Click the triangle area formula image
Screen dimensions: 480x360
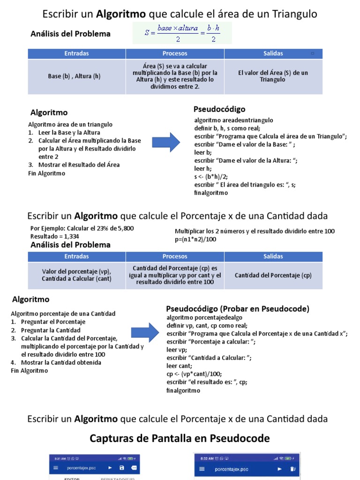coord(182,33)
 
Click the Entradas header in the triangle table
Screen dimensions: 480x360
coord(76,53)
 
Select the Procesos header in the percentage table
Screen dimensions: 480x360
coord(175,256)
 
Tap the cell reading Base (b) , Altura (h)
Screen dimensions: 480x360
coord(74,76)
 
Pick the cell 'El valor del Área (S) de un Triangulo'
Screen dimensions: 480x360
coord(273,76)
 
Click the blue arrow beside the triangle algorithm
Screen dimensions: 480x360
coord(167,142)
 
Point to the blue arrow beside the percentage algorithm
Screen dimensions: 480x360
coord(145,332)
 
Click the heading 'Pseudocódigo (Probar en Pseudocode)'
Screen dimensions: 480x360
coord(238,308)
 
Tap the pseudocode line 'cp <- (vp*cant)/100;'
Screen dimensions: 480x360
coord(194,374)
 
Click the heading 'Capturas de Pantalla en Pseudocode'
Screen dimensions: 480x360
coord(180,438)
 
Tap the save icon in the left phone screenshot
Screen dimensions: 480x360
coord(122,468)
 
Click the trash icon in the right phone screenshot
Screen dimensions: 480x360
coord(292,469)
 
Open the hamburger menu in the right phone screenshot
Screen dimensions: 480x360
coord(202,469)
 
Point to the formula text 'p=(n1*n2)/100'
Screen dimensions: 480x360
coord(196,239)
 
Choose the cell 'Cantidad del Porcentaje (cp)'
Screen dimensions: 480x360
coord(273,276)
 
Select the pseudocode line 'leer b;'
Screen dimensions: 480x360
coord(203,152)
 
